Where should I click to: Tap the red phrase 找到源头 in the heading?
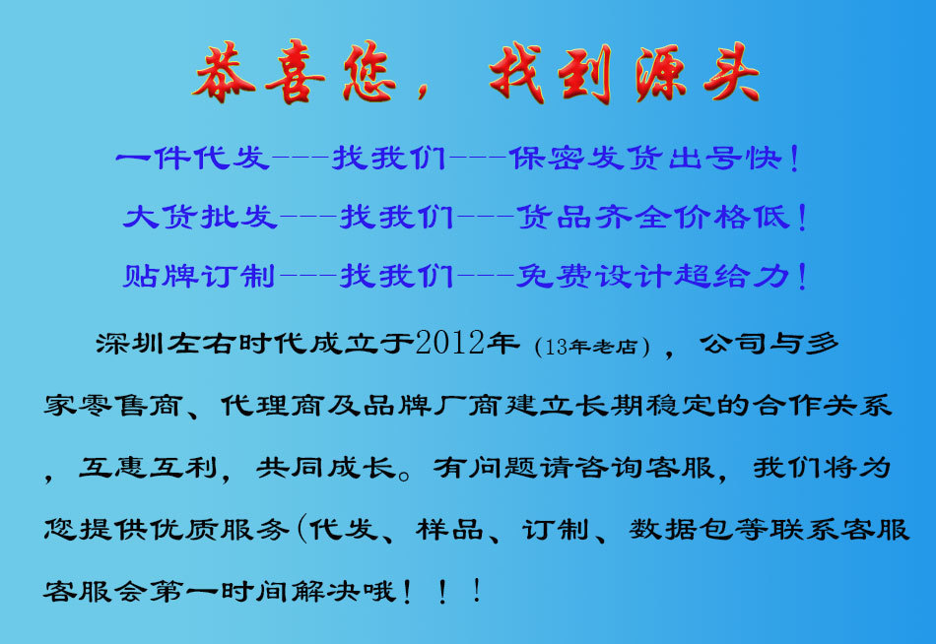[625, 75]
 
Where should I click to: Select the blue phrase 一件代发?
[192, 158]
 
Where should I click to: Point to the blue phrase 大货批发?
[200, 217]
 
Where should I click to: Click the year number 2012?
[452, 344]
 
